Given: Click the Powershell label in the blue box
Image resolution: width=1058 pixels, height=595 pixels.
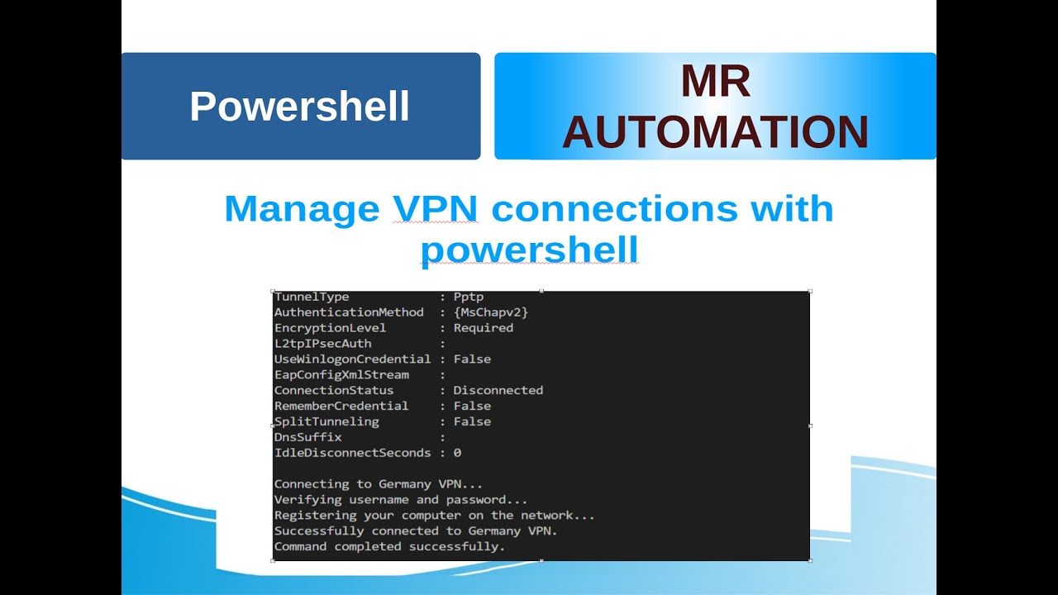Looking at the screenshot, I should (299, 107).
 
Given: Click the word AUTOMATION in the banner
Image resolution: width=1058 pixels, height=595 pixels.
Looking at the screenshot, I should (715, 132).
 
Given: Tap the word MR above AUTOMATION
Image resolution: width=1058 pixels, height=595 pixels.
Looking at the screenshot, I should (715, 82).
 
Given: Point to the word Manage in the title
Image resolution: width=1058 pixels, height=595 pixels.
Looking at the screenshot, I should (301, 208).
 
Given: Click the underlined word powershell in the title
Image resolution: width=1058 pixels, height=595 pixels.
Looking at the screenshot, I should (529, 248).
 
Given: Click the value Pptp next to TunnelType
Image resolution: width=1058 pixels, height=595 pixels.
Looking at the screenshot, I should (469, 297).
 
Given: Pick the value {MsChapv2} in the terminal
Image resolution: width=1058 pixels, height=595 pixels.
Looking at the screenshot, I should (490, 312).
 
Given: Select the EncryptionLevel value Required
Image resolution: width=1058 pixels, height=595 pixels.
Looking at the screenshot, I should (483, 328).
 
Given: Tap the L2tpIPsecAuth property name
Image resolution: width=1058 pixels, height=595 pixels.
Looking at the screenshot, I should (322, 344).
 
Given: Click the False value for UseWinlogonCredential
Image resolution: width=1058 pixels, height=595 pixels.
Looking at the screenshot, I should (472, 359).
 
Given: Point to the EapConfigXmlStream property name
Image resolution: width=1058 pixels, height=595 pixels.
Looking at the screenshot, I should (341, 375).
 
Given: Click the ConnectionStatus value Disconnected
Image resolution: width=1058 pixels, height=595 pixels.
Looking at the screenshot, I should (498, 390).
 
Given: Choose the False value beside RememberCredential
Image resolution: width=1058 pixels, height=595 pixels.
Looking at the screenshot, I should (472, 406).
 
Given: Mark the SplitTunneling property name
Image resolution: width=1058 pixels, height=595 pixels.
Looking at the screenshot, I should (326, 421).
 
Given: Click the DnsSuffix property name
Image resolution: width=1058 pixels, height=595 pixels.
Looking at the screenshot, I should (307, 437).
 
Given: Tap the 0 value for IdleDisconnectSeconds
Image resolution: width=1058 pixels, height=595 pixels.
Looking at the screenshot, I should (457, 453).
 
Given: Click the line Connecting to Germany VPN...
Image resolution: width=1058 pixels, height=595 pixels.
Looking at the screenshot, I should (378, 484).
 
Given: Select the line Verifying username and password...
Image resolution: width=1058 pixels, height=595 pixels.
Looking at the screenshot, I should (400, 500).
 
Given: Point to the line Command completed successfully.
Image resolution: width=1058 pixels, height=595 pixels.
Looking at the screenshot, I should (388, 547).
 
